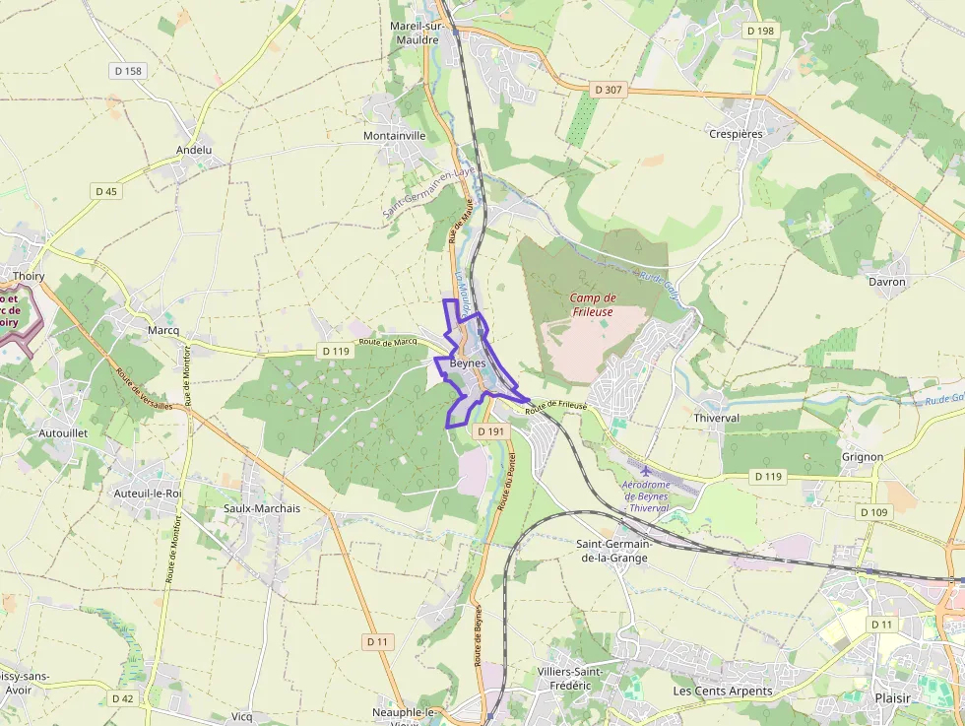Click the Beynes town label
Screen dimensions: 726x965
click(466, 363)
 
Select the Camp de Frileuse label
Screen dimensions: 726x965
click(593, 304)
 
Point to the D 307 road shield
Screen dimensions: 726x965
click(610, 90)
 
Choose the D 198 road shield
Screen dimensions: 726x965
click(760, 32)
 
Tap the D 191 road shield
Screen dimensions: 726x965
click(489, 431)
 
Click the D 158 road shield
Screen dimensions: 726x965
click(127, 71)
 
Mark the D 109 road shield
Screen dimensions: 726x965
click(872, 512)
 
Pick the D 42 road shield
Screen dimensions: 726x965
click(122, 698)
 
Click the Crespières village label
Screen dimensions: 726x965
click(736, 133)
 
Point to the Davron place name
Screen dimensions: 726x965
click(886, 282)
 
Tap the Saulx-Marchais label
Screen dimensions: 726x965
click(262, 508)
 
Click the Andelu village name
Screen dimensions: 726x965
click(194, 150)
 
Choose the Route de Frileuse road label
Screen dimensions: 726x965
click(555, 406)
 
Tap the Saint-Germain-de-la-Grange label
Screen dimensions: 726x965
click(611, 551)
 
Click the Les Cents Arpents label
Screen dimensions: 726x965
click(722, 691)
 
